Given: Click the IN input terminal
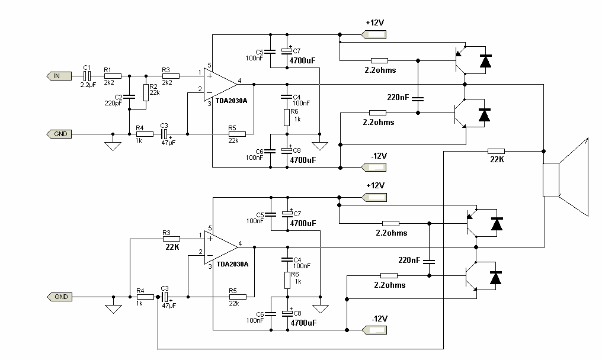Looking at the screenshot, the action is tap(59, 76).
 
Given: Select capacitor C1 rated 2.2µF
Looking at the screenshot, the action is tap(87, 76).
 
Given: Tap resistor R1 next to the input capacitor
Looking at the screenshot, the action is tap(113, 76).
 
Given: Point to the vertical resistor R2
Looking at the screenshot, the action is tap(146, 92).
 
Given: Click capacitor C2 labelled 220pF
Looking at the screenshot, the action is tap(129, 97).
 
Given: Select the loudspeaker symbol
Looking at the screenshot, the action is tap(565, 177).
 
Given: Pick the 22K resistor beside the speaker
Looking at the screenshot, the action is tap(496, 151).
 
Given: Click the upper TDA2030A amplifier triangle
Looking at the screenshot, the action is tap(220, 85).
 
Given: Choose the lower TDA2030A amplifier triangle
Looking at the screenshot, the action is tap(221, 247).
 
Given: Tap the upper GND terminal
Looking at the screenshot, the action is tap(59, 134).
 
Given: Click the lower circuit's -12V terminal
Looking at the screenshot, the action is tap(374, 330).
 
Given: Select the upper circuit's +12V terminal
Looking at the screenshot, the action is tap(373, 35).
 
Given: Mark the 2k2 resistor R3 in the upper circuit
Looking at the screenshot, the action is tap(171, 76).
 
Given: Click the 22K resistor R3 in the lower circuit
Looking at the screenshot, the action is tap(171, 239).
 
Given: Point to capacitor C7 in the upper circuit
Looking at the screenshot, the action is tap(287, 51).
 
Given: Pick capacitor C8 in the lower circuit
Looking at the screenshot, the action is tap(287, 314).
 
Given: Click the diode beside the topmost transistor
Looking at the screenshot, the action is tap(486, 61).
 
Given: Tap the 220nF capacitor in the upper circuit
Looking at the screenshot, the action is tap(418, 99).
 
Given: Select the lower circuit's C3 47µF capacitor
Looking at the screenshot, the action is tap(165, 297).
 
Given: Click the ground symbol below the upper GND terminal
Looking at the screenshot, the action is tap(113, 146).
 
